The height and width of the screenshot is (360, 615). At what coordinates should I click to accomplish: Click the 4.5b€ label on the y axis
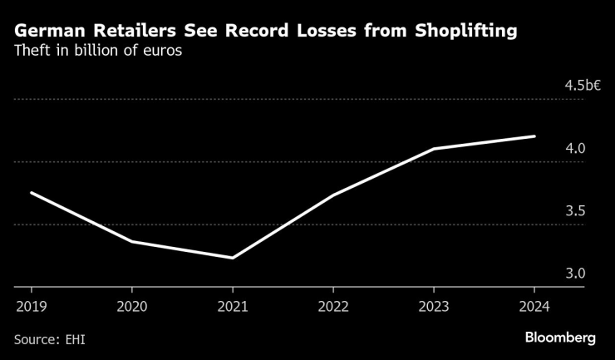581,86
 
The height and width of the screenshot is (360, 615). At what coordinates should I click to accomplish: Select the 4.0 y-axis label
576,148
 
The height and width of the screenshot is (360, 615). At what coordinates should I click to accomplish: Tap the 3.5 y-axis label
576,211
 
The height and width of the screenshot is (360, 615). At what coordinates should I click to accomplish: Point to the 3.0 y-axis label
576,274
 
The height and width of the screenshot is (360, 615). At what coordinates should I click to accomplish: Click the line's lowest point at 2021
232,258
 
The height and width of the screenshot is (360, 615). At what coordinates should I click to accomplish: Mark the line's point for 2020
131,241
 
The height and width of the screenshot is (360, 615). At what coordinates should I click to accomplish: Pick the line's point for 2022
332,195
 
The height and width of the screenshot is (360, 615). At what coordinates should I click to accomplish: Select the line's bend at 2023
434,149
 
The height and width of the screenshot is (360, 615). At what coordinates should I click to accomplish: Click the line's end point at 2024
534,136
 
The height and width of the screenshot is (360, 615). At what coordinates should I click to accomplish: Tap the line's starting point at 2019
31,193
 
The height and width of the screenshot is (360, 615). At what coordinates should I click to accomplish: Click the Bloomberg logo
560,338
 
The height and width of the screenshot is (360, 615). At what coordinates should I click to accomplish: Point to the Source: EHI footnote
49,338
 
